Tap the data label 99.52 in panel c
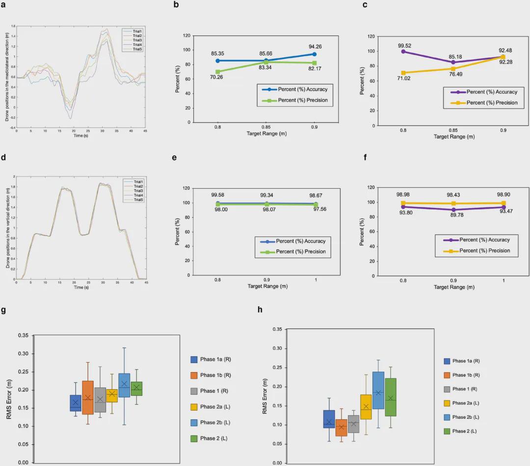click(x=403, y=45)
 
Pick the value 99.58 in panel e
click(x=217, y=195)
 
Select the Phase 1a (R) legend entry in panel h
click(x=466, y=361)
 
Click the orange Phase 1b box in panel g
click(x=88, y=398)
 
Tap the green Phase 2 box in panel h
click(x=391, y=397)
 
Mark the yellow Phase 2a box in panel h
click(x=366, y=407)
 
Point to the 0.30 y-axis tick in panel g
click(x=23, y=354)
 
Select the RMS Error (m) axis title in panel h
click(x=265, y=396)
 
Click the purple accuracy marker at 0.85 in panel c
click(x=453, y=62)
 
